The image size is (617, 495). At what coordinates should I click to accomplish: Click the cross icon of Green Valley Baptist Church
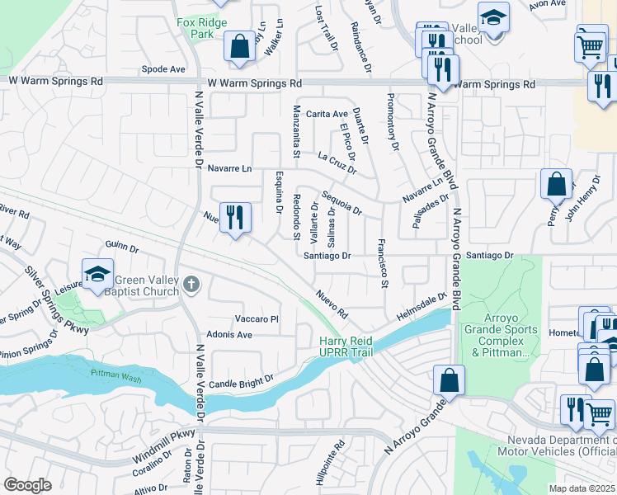coord(191,285)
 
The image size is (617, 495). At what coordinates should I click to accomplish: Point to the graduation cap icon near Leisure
coord(97,274)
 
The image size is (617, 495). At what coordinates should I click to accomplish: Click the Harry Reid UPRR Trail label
coord(346,347)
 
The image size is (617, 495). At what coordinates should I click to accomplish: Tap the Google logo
coord(28,485)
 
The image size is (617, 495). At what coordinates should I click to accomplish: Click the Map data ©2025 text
coord(582,488)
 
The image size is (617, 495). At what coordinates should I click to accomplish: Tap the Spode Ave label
coord(163,69)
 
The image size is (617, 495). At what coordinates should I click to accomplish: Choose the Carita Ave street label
coord(327,114)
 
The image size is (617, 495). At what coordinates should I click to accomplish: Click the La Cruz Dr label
coord(337,162)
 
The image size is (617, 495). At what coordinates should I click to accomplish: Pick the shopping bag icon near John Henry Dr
coord(556,184)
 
